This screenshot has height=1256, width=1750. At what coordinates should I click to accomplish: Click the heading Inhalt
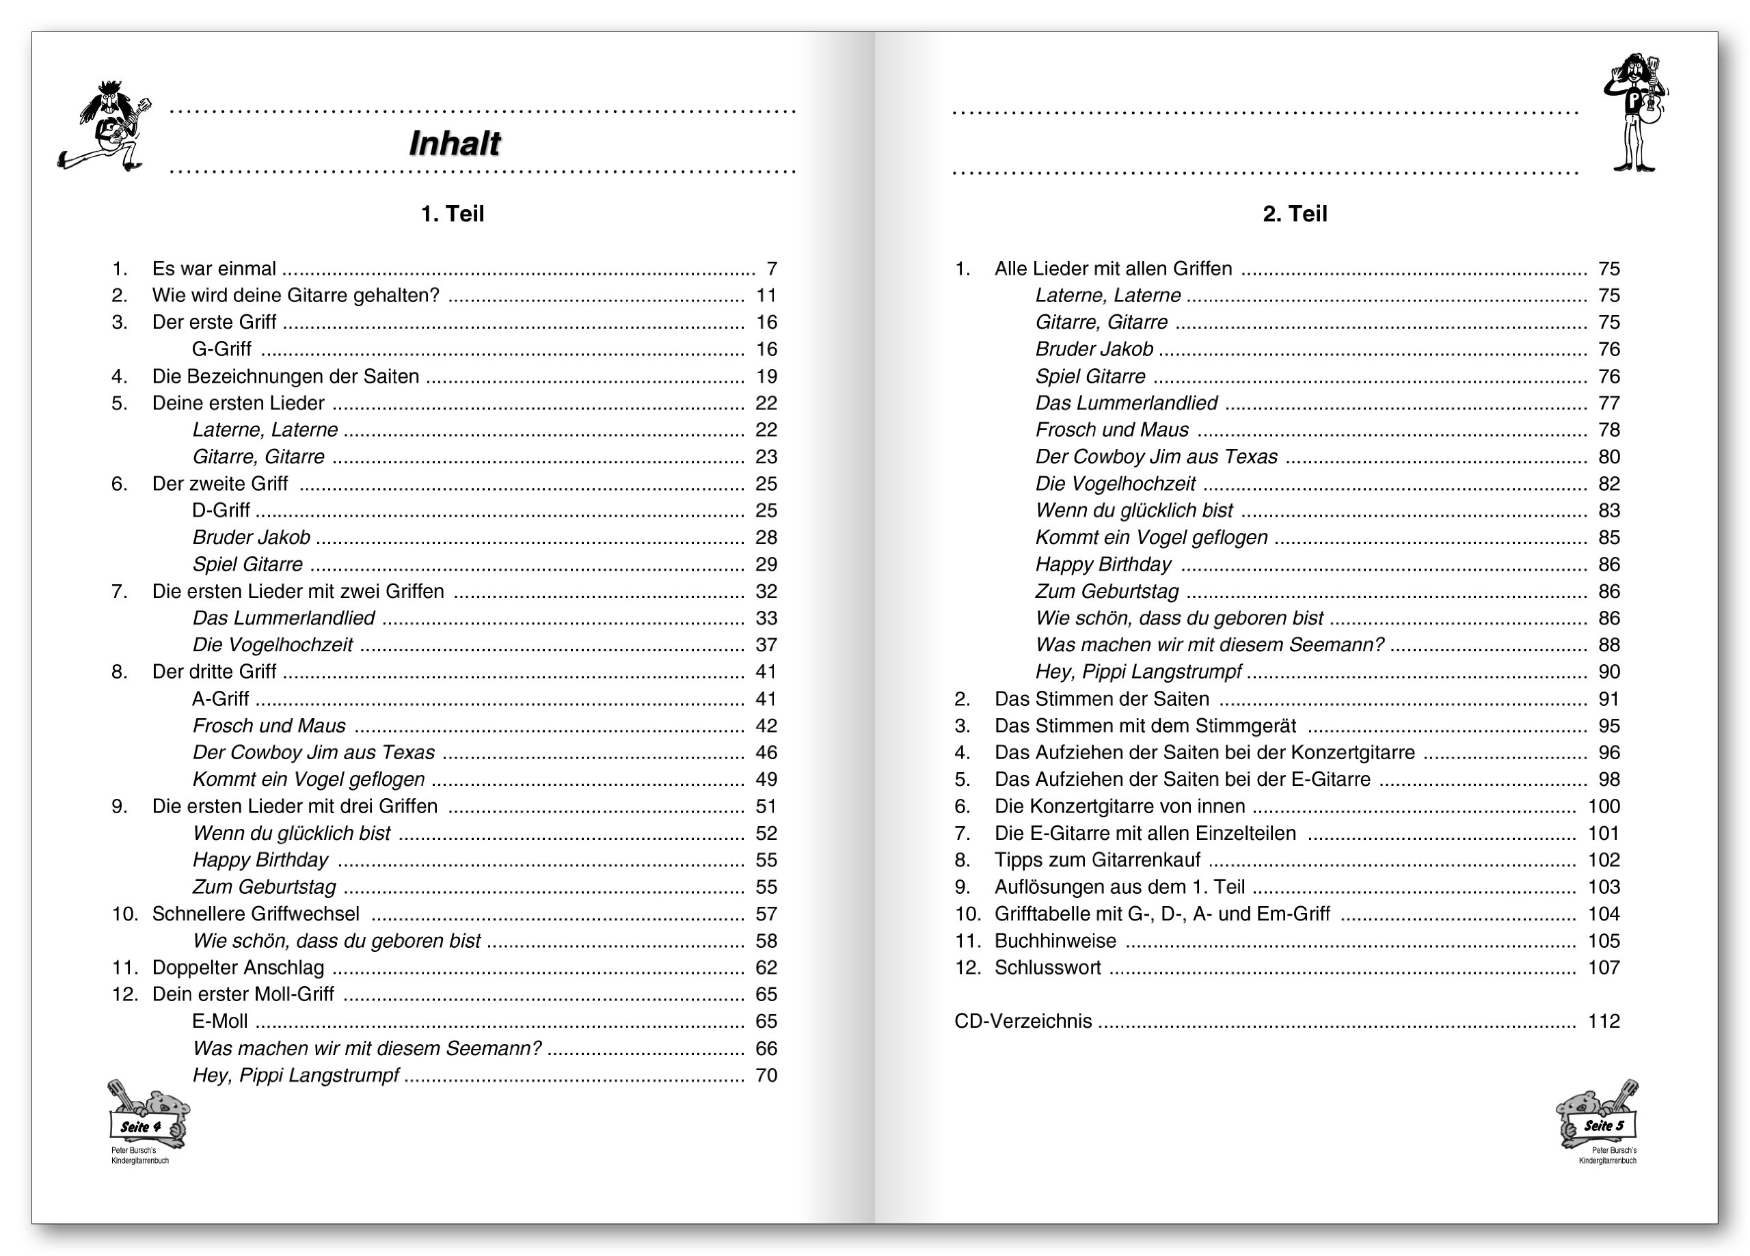point(455,144)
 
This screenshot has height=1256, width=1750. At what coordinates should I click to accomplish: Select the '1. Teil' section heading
point(452,214)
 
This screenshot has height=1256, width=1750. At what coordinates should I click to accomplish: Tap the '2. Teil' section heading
point(1294,214)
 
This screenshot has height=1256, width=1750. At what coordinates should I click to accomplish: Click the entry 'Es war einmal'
point(214,269)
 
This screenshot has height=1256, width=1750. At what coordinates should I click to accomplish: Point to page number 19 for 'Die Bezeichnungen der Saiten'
point(766,377)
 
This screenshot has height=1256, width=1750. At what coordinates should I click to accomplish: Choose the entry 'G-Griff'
point(221,349)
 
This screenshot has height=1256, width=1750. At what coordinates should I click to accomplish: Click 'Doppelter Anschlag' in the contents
point(238,968)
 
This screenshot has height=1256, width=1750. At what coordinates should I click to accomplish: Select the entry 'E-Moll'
point(220,1022)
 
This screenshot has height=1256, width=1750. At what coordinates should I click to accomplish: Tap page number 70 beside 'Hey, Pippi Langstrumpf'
point(766,1076)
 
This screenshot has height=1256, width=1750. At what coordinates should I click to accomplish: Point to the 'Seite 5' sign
point(1604,1125)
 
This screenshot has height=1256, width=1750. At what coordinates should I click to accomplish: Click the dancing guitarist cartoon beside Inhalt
point(107,126)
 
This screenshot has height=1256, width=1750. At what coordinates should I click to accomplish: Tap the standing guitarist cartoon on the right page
point(1636,112)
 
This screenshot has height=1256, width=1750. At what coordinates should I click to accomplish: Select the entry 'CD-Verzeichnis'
point(1023,1022)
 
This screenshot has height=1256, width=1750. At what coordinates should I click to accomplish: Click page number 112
point(1604,1022)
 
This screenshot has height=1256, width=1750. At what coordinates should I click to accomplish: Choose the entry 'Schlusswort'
point(1047,968)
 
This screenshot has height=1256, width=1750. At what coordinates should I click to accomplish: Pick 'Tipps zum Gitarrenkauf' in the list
point(1097,860)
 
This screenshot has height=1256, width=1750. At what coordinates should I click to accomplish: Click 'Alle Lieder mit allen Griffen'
point(1113,269)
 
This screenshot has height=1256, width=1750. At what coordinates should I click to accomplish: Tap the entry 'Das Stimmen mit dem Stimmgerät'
point(1145,726)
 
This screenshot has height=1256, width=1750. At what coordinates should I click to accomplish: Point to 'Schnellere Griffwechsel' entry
point(256,914)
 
